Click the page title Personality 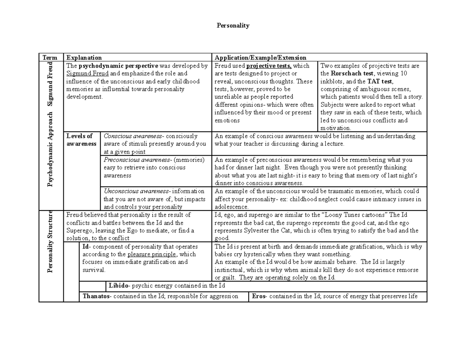[233, 26]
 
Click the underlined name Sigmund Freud [87, 74]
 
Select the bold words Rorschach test [352, 74]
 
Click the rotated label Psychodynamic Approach [51, 150]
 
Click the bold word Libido [118, 286]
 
